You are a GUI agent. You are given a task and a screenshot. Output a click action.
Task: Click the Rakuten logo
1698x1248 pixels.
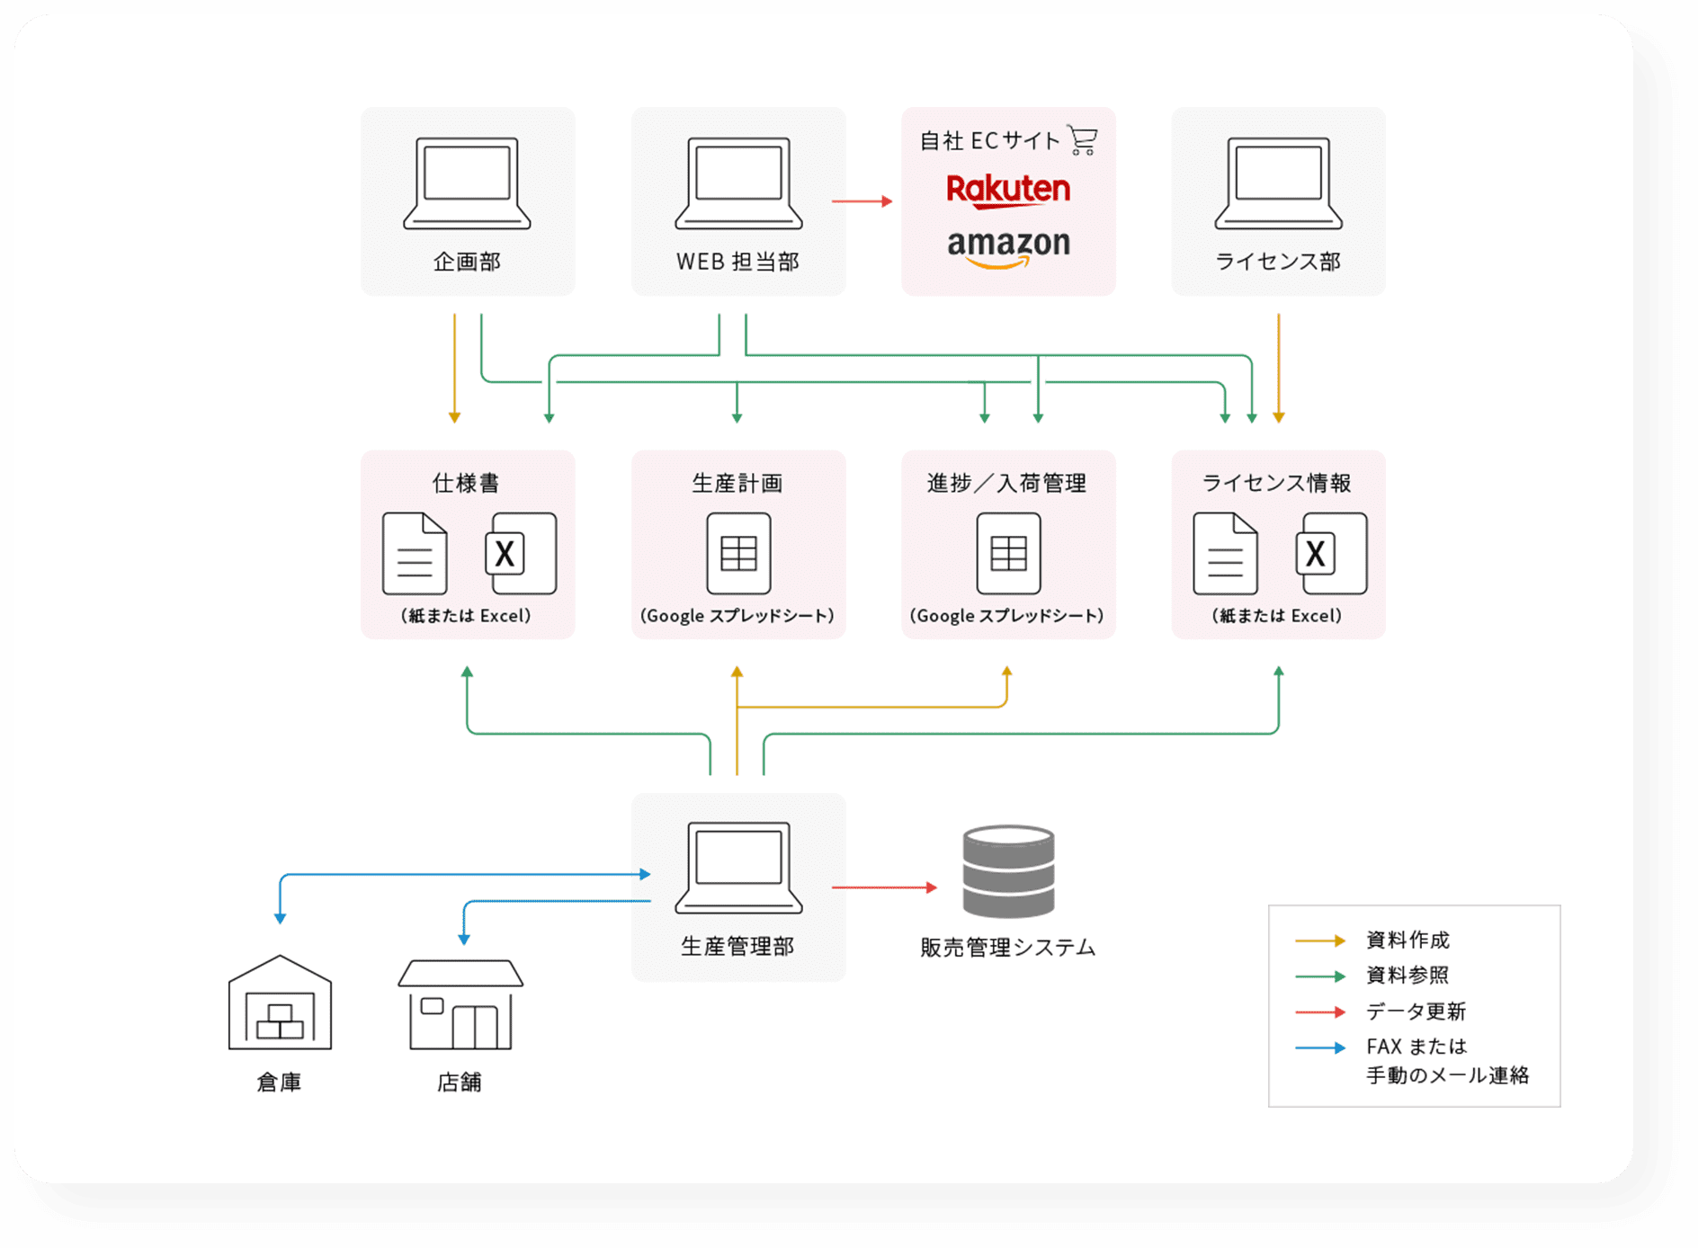point(1008,190)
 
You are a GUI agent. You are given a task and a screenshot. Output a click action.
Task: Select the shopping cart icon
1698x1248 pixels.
point(1082,140)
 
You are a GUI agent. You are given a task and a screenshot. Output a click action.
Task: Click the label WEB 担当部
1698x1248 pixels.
point(737,262)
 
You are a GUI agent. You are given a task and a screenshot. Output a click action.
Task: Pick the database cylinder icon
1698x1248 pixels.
point(1008,870)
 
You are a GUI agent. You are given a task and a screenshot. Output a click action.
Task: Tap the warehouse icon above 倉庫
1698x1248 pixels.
point(280,1003)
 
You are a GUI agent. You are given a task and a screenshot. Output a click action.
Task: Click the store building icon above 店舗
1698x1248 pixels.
point(460,1004)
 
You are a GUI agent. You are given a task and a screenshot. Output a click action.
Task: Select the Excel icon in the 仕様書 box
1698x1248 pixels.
point(521,553)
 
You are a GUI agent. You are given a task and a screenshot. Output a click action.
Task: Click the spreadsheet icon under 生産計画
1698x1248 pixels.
point(738,553)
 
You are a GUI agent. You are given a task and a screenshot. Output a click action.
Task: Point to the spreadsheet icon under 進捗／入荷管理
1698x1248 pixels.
point(1008,553)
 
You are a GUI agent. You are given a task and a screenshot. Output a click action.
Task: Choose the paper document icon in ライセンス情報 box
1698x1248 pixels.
point(1225,553)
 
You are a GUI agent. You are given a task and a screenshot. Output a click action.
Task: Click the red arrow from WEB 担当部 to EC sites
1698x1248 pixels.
point(862,201)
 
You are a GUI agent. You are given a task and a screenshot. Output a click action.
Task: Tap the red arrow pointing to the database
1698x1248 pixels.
point(884,887)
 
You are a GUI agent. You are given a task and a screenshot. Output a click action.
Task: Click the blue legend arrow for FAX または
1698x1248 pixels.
point(1319,1047)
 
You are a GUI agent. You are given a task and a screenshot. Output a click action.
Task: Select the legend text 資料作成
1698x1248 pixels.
point(1408,940)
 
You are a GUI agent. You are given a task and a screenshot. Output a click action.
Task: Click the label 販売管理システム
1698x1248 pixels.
point(1007,948)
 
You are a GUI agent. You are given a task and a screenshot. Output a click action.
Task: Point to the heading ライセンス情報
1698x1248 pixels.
point(1277,483)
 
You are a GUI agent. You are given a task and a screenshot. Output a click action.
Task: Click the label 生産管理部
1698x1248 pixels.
point(737,946)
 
